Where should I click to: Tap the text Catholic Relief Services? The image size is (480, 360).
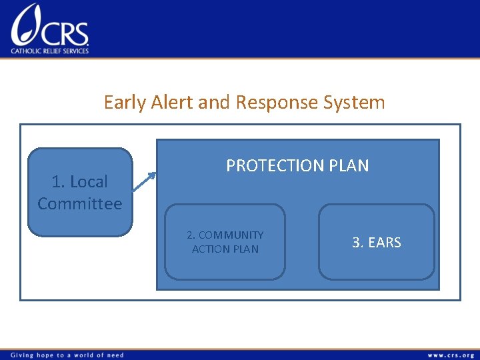tap(50, 51)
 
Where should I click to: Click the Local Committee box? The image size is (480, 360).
tap(80, 192)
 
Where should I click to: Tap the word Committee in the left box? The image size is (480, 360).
tap(80, 204)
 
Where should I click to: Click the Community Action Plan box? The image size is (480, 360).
tap(225, 242)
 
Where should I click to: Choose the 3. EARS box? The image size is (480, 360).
tap(376, 242)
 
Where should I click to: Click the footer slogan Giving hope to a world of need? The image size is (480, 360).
tap(66, 355)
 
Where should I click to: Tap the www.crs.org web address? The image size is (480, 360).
tap(451, 355)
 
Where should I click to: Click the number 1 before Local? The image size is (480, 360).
tap(57, 181)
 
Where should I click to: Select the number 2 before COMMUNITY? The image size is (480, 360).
tap(190, 235)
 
